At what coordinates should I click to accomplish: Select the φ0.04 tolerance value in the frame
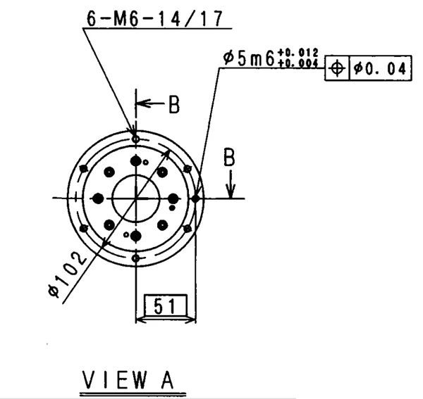[379, 69]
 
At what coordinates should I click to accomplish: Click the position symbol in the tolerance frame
[337, 69]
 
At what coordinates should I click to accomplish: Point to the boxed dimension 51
[164, 306]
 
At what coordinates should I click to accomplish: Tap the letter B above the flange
[173, 105]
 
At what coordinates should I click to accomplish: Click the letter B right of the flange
[229, 158]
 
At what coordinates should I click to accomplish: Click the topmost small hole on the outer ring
[135, 139]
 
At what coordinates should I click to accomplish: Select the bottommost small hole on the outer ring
[135, 258]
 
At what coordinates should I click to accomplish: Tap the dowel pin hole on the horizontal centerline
[195, 198]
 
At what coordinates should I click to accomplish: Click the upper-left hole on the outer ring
[84, 168]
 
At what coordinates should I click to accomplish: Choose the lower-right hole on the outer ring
[187, 229]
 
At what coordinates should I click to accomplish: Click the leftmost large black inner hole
[98, 198]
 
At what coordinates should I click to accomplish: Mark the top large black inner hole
[135, 162]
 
